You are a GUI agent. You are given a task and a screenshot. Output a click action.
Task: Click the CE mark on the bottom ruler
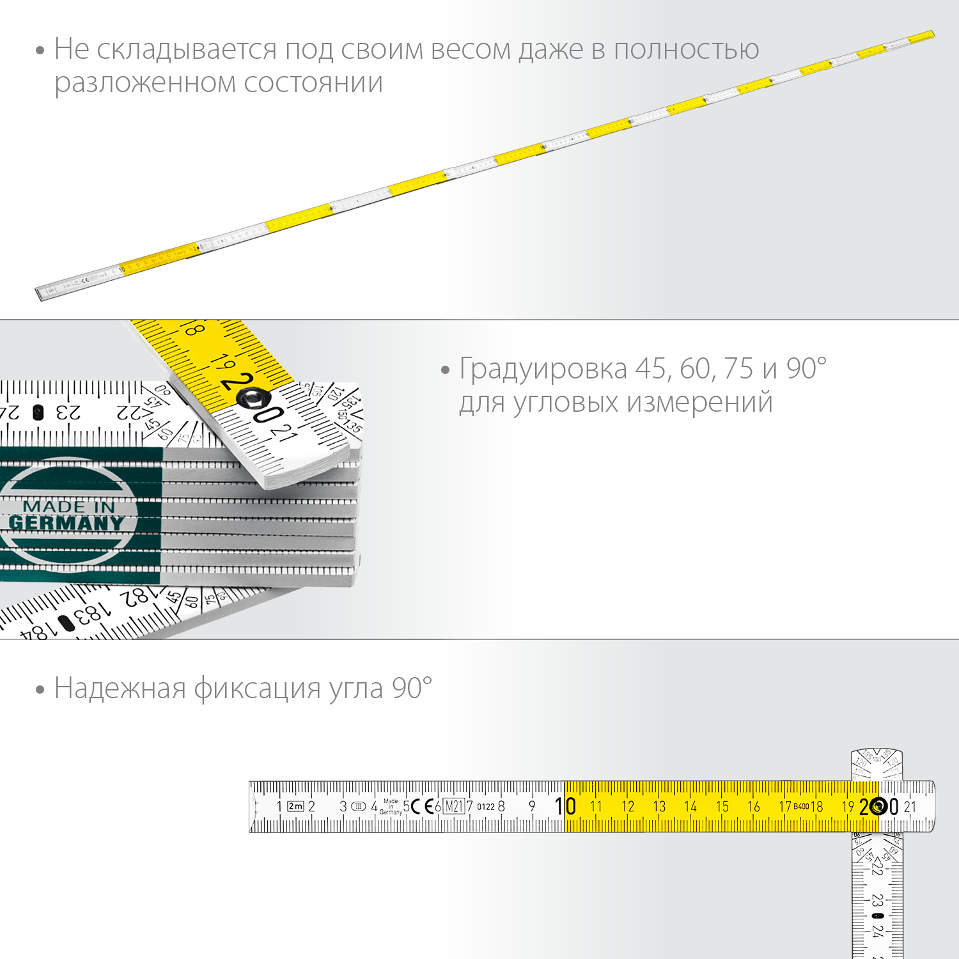(420, 806)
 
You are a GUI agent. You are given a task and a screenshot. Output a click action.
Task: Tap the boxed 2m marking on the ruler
(295, 806)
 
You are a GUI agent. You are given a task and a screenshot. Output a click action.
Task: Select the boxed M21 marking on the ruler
(453, 806)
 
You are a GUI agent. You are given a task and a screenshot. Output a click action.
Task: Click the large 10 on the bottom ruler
(565, 806)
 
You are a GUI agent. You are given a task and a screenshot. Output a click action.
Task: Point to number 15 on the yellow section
(722, 807)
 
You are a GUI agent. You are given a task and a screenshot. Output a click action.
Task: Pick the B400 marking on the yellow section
(800, 807)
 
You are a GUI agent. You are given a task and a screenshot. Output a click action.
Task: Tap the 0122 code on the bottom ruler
(486, 807)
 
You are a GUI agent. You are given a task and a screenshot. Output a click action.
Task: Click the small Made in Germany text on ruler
(391, 806)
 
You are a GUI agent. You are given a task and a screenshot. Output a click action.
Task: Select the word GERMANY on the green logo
(66, 523)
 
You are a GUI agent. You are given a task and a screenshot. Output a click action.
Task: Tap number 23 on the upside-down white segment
(68, 412)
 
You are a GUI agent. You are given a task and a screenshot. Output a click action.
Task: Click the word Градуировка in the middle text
(543, 369)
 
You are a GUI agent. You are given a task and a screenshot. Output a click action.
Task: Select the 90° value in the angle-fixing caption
(412, 689)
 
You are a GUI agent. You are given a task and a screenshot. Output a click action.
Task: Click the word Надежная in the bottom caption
(120, 689)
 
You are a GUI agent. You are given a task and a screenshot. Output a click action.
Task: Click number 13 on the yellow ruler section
(659, 807)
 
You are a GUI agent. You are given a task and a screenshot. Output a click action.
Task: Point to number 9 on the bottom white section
(532, 807)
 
